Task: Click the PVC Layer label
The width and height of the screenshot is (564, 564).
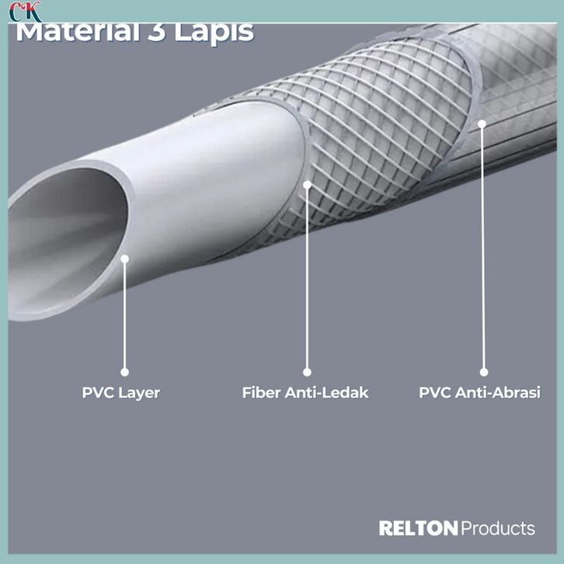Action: pos(120,392)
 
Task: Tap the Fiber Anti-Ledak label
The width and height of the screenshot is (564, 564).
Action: pos(305,392)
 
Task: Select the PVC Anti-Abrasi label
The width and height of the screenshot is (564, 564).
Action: pos(479,392)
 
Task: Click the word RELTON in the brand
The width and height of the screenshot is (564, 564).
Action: pos(418,529)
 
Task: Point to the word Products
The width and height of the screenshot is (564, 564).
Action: pos(498,529)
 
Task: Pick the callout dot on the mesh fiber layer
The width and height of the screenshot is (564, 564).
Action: pos(307,185)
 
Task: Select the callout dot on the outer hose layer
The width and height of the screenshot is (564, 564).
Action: pos(482,123)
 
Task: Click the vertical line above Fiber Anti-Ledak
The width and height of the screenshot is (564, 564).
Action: pos(307,280)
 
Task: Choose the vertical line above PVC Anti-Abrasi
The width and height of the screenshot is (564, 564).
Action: pos(483,249)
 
